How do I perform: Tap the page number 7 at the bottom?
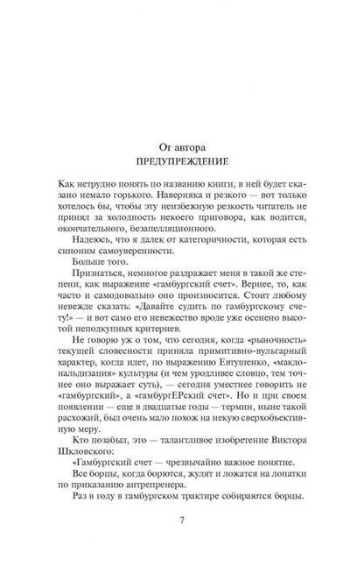coord(181,519)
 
